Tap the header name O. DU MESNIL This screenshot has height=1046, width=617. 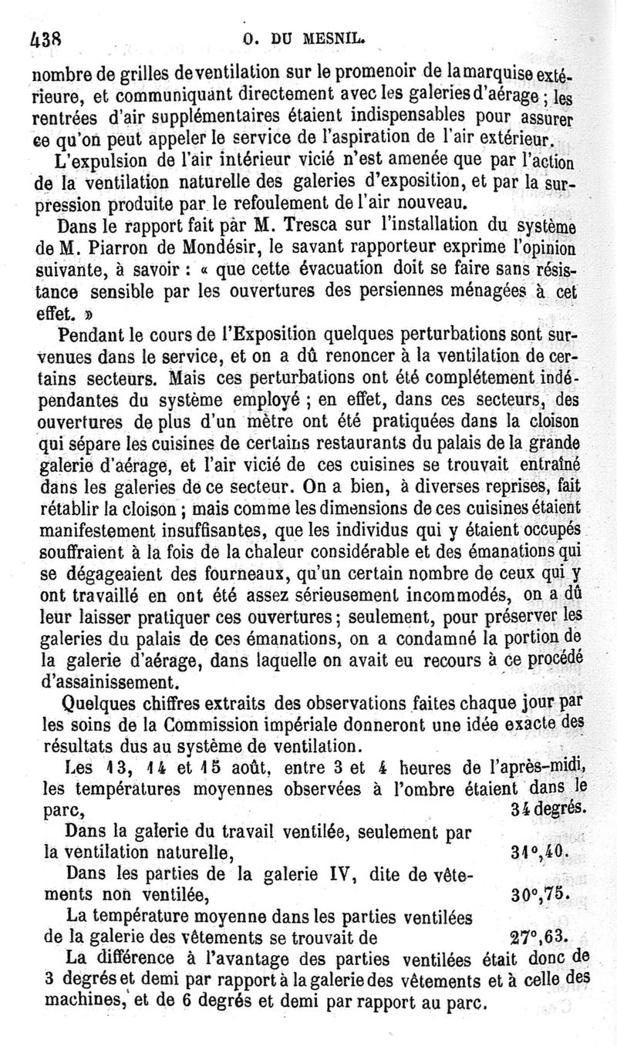(304, 37)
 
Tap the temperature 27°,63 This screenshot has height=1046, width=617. (539, 937)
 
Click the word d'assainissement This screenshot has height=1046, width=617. (107, 683)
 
